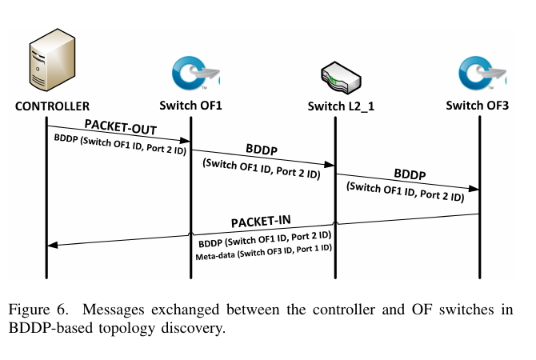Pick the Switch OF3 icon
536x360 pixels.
coord(481,73)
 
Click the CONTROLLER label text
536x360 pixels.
coord(52,106)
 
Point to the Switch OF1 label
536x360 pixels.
coord(190,106)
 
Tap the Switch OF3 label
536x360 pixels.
coord(479,106)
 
